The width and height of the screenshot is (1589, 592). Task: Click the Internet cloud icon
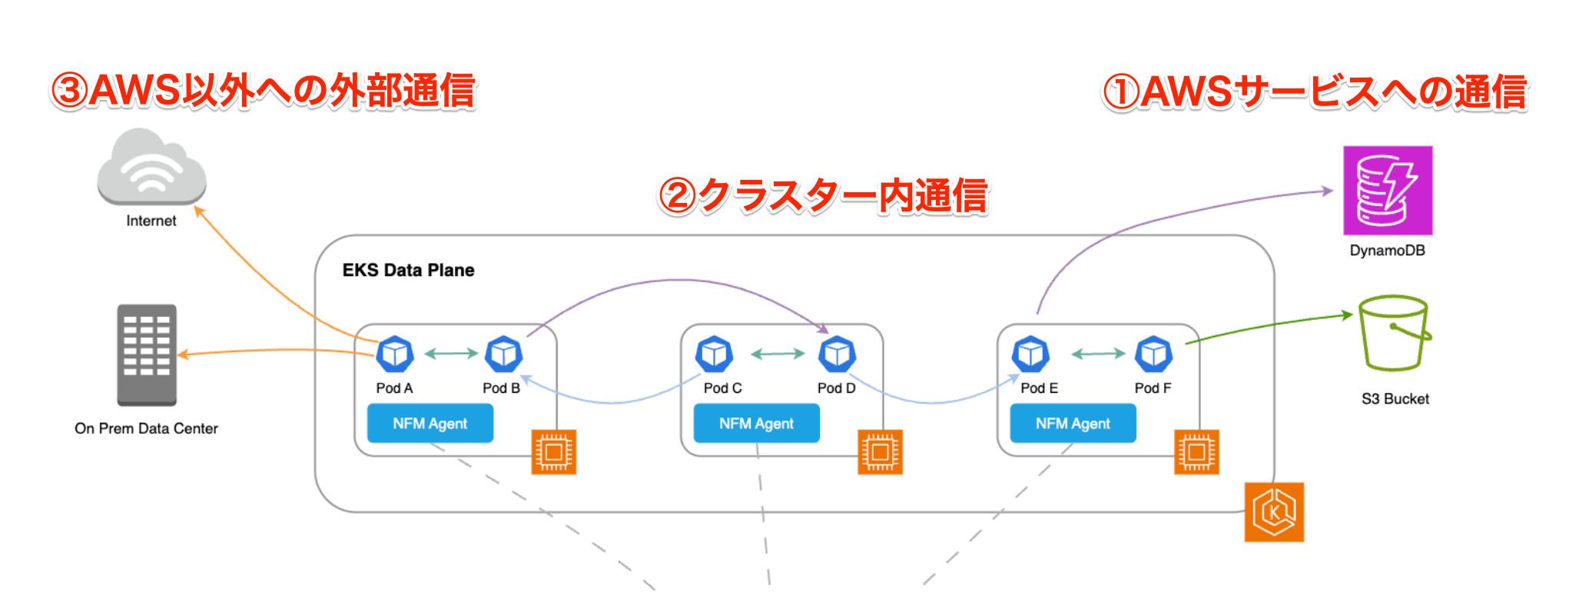[x=151, y=167]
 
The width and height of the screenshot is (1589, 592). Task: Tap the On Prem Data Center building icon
[x=147, y=355]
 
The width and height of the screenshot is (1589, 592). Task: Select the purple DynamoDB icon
[x=1387, y=191]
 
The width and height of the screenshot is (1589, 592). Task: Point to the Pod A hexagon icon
[x=395, y=354]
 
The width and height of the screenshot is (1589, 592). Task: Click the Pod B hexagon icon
[x=503, y=354]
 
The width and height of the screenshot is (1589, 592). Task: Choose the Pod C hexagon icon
[x=715, y=354]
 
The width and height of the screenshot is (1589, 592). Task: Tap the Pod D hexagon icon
[x=837, y=354]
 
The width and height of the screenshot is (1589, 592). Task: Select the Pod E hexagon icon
[x=1030, y=354]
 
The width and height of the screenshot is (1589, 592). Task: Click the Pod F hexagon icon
[x=1153, y=354]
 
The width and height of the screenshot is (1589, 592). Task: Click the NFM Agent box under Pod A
[x=430, y=424]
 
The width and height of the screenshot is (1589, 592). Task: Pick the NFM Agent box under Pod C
[x=756, y=424]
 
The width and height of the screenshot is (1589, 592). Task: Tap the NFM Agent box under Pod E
[x=1073, y=424]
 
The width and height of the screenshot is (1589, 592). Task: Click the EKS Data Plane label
[x=408, y=270]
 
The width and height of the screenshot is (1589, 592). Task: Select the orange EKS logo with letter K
[x=1274, y=512]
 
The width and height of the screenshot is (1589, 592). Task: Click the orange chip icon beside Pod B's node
[x=554, y=452]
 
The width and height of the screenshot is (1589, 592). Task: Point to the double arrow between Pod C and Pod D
[x=777, y=354]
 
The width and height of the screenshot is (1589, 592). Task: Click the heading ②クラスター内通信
[x=823, y=195]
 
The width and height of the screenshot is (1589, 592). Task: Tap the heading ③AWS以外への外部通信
[x=264, y=91]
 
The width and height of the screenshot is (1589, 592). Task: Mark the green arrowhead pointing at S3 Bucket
[x=1347, y=314]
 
